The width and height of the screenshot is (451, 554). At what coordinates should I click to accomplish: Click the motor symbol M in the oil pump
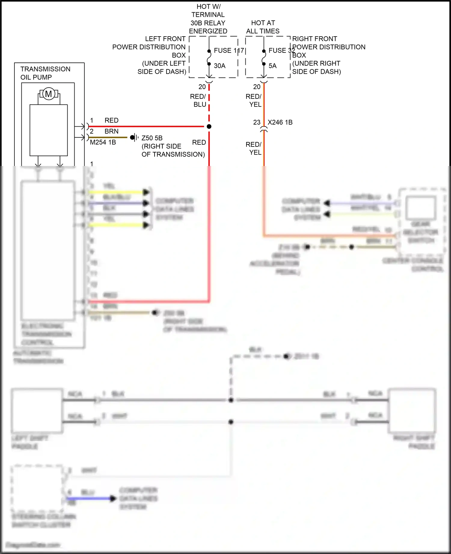tap(48, 94)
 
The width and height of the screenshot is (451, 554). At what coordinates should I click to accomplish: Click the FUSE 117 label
tap(229, 50)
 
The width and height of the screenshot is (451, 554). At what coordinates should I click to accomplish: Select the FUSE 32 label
tap(281, 50)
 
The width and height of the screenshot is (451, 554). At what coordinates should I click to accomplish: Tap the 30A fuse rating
tap(219, 66)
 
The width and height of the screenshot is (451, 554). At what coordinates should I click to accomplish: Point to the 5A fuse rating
tap(272, 66)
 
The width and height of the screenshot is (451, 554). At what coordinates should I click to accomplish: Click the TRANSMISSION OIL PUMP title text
tap(45, 73)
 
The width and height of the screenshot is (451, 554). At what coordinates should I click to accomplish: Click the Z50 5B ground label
tap(152, 138)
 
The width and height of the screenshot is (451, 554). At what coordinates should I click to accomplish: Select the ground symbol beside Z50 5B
tap(134, 137)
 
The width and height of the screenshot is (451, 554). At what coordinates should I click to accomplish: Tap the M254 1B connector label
tap(103, 142)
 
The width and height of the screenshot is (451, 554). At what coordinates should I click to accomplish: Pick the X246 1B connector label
tap(280, 122)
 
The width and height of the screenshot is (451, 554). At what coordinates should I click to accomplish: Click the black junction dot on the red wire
tap(209, 126)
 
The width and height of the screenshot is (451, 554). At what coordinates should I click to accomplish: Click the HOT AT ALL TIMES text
tap(263, 27)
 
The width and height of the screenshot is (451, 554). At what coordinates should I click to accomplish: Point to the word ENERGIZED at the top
tap(208, 31)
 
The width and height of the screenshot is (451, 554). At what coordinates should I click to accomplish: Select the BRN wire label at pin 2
tap(112, 131)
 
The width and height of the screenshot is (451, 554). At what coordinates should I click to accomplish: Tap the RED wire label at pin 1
tap(112, 120)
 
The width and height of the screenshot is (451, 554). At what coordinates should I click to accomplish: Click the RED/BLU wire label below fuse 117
tap(198, 100)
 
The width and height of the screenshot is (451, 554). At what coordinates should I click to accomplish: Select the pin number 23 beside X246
tap(256, 122)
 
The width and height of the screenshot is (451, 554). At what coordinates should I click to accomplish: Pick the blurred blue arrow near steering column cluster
tap(113, 498)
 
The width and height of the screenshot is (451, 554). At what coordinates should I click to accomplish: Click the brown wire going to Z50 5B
tap(108, 137)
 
